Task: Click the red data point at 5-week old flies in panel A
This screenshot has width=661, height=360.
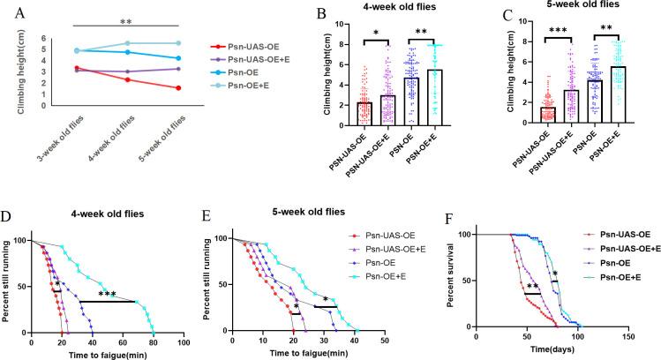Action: pyautogui.click(x=179, y=87)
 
